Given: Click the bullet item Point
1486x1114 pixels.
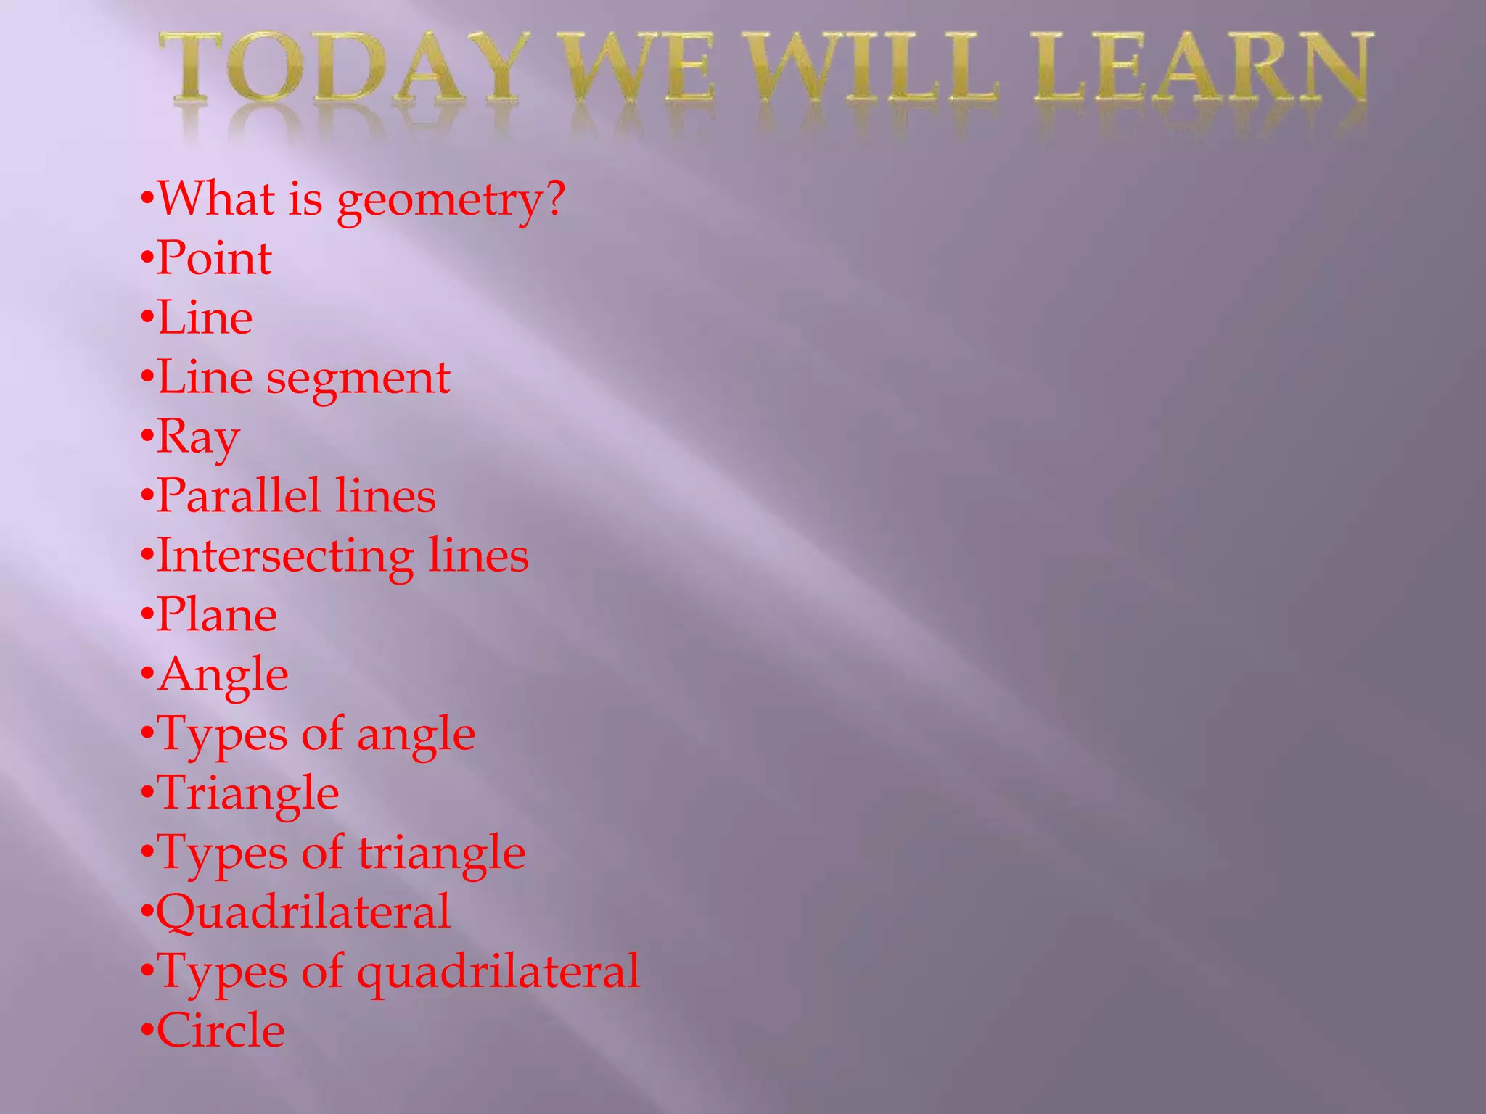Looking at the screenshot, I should [214, 258].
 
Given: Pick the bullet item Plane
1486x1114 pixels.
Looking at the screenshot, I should [216, 615].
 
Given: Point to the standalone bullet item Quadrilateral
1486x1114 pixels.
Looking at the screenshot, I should [303, 912].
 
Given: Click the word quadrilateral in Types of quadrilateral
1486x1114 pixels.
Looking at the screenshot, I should [498, 972].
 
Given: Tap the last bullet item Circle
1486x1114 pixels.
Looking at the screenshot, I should [221, 1031].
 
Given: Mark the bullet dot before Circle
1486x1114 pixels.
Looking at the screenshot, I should [147, 1031].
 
